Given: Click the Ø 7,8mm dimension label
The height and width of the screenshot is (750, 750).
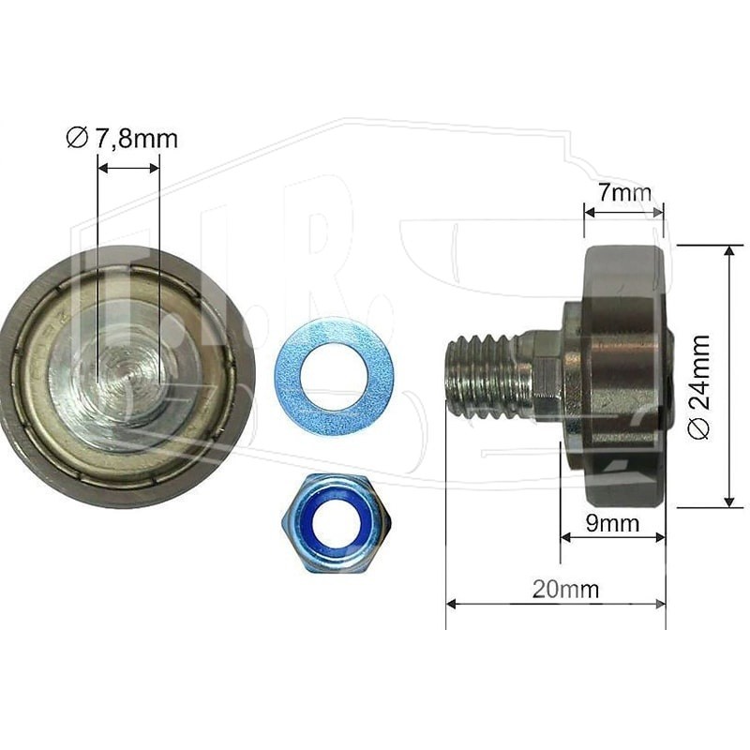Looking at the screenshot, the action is click(x=122, y=139).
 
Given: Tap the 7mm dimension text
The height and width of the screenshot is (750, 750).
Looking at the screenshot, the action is click(x=624, y=193).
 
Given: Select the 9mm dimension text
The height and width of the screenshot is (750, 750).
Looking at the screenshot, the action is click(x=613, y=523).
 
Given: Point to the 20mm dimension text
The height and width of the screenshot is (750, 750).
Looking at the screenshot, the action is click(x=566, y=590).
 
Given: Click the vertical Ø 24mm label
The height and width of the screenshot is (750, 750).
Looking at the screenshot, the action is click(x=698, y=386).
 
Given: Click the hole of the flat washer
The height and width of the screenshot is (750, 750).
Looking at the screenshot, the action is click(x=335, y=377).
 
